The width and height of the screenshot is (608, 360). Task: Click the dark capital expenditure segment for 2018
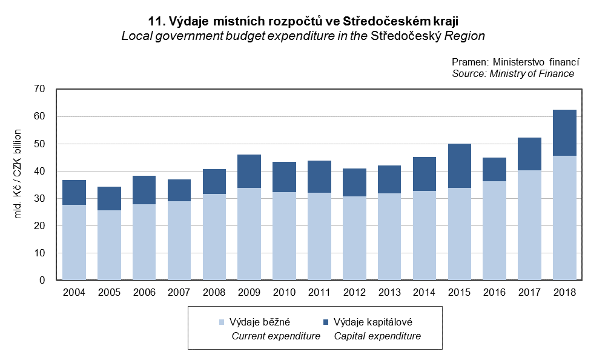click(x=565, y=133)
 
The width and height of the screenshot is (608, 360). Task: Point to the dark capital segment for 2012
click(x=354, y=182)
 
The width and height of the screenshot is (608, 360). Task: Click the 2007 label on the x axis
click(x=179, y=292)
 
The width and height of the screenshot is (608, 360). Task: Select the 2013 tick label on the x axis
click(x=389, y=292)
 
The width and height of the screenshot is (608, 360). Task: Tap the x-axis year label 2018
click(x=565, y=292)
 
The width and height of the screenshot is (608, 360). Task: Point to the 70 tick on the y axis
click(x=40, y=89)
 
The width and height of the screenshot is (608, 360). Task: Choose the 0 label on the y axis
click(x=43, y=281)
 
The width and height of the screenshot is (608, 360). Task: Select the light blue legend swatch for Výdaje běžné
click(x=222, y=322)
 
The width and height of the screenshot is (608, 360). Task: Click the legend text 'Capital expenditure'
click(x=377, y=336)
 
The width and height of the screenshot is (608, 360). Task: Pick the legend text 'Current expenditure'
click(x=276, y=336)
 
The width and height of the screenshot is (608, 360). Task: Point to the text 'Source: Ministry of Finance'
click(x=513, y=73)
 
